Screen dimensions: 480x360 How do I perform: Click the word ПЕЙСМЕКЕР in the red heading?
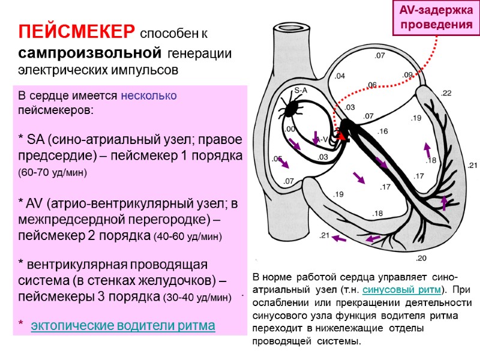[x=77, y=31]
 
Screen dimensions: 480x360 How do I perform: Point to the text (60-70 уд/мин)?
[x=53, y=173]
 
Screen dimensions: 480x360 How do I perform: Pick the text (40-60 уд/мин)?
[x=188, y=236]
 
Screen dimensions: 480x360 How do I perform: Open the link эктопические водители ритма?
[x=122, y=326]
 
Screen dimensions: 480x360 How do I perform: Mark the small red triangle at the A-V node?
[x=343, y=137]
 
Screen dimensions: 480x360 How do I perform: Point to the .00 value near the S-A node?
[x=289, y=129]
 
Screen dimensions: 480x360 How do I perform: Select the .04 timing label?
[x=340, y=76]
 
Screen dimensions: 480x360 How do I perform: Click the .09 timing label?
[x=408, y=74]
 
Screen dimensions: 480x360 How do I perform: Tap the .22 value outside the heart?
[x=446, y=93]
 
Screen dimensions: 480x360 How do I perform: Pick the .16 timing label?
[x=383, y=131]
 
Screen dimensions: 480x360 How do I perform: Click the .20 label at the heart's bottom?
[x=421, y=258]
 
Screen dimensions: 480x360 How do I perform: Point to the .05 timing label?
[x=277, y=159]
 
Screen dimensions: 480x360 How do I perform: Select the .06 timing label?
[x=372, y=85]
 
